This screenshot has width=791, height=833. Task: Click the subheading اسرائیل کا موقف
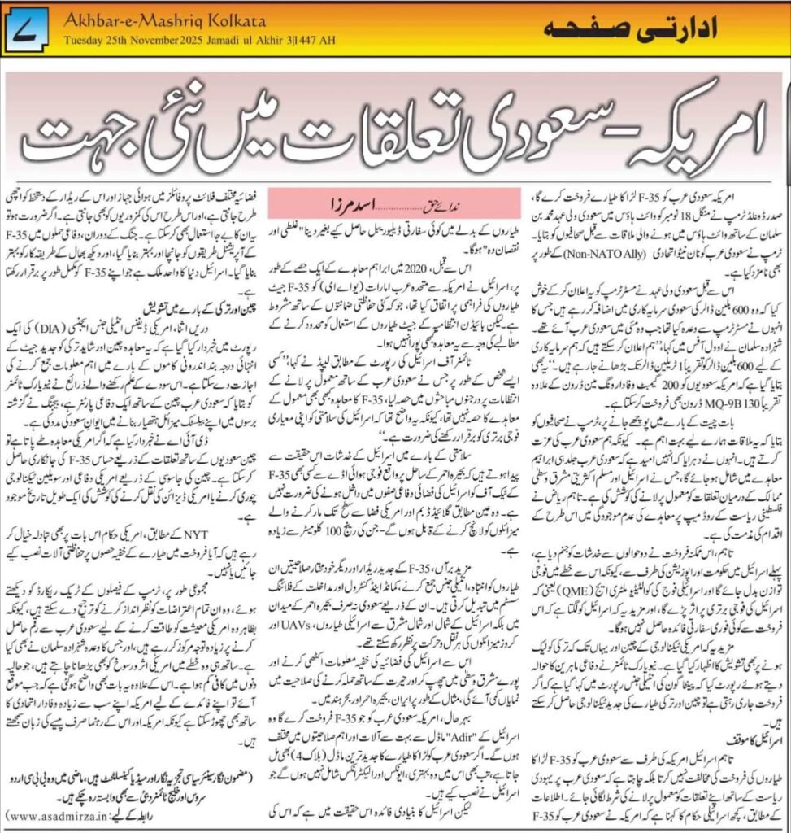coord(745,743)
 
